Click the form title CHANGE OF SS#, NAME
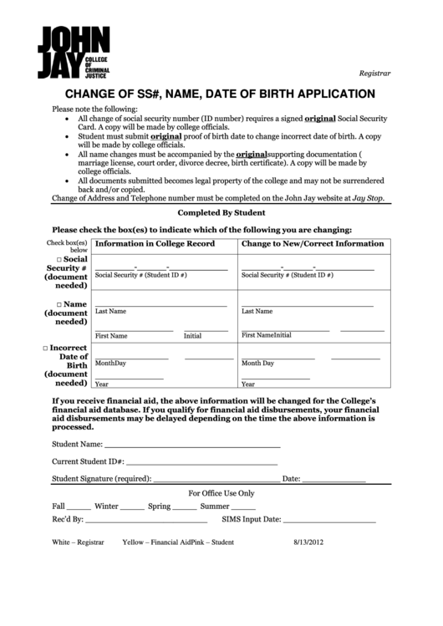pos(221,94)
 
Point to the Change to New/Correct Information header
pos(313,243)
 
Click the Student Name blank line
pos(192,445)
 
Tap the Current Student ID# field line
pos(201,461)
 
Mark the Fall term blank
pos(79,507)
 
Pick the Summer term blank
pos(243,507)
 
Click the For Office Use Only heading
pos(221,493)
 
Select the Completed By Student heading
pos(221,213)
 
